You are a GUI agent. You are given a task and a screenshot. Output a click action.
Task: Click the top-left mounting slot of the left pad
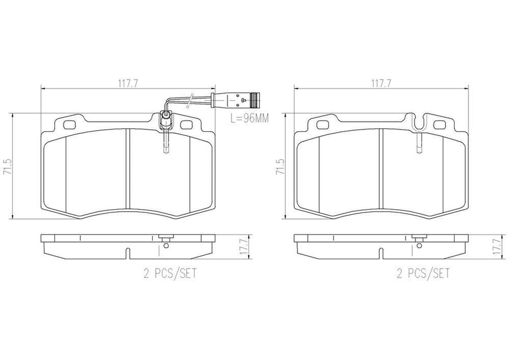pyautogui.click(x=69, y=124)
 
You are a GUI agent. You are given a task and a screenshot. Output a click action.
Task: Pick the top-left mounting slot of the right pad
pyautogui.click(x=322, y=124)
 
